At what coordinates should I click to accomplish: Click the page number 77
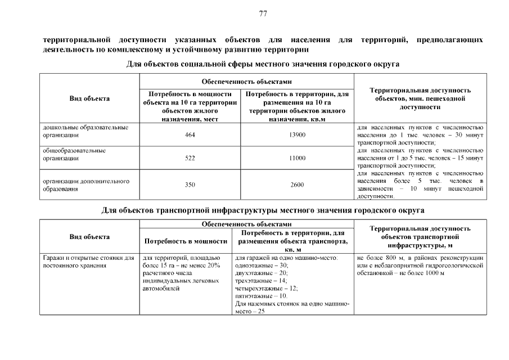tap(263, 13)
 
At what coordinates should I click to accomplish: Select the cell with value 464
tap(190, 135)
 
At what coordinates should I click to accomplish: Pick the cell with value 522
tap(190, 158)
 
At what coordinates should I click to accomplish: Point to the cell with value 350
tap(190, 184)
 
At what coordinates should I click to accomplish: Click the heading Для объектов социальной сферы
tap(263, 64)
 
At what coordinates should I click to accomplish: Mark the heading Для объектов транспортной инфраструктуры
tap(263, 210)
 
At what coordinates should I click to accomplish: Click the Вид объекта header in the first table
tap(89, 98)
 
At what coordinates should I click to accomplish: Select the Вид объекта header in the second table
tap(89, 236)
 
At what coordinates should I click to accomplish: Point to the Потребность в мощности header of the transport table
tap(186, 241)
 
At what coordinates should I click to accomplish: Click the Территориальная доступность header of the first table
tap(420, 98)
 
